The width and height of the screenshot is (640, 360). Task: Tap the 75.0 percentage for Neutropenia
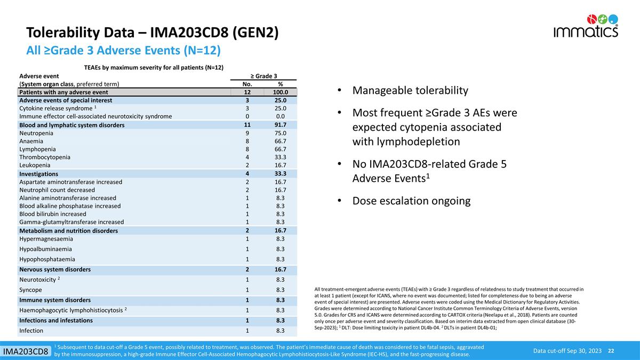[x=281, y=133]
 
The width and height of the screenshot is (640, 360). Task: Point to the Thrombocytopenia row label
[x=45, y=157]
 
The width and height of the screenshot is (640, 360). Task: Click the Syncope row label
[x=30, y=290]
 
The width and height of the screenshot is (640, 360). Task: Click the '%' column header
[x=281, y=84]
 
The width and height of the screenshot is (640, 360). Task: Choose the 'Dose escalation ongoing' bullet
[x=411, y=201]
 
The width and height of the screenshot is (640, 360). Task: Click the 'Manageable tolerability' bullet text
[x=410, y=91]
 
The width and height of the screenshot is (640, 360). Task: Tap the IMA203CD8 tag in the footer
[x=27, y=351]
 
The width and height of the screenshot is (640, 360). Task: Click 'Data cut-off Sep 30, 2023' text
[x=567, y=350]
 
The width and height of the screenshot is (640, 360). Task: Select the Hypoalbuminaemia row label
[x=45, y=249]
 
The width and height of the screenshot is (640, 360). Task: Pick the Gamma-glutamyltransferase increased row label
[x=71, y=222]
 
